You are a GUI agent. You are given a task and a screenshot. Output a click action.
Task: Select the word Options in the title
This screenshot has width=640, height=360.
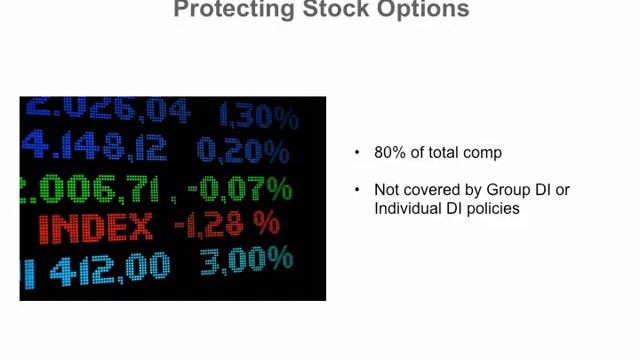point(421,9)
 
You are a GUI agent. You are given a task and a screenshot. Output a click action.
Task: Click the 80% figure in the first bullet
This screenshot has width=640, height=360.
point(389,153)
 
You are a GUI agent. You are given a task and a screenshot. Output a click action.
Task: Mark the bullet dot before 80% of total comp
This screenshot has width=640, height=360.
point(357,153)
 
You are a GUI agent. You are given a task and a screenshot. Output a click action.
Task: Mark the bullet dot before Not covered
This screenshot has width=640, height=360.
point(357,189)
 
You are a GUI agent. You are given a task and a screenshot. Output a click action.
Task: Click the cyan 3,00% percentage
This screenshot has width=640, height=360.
point(246,261)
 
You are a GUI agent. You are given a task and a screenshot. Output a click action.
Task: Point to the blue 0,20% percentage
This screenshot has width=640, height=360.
point(243,151)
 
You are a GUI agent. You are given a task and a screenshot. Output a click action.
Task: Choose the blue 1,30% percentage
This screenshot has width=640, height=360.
point(258,116)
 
